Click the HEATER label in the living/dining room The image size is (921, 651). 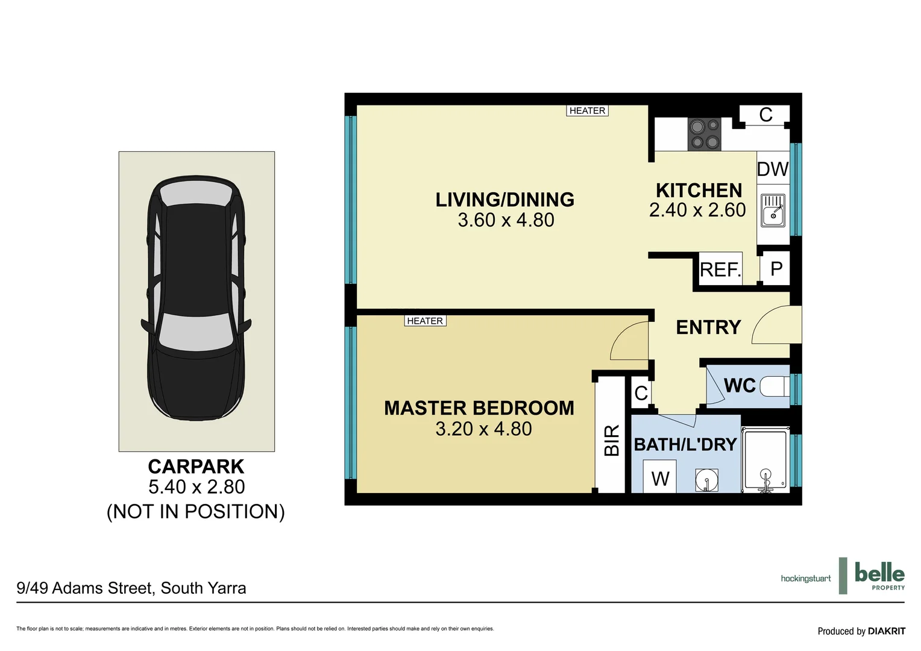587,111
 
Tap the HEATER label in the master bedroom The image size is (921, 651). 425,321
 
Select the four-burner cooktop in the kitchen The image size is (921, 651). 705,134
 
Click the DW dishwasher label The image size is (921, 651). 772,169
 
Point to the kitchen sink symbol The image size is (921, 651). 773,210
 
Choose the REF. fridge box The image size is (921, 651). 720,269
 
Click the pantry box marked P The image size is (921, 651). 776,268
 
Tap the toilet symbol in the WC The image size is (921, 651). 774,386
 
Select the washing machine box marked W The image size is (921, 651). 660,478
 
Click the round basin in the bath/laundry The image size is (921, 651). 706,480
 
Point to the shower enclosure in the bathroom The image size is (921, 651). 765,460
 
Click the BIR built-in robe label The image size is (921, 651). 611,441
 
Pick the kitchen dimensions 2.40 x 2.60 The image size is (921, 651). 697,210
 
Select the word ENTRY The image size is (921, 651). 708,327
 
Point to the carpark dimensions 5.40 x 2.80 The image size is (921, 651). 196,487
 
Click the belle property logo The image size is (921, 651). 879,576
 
